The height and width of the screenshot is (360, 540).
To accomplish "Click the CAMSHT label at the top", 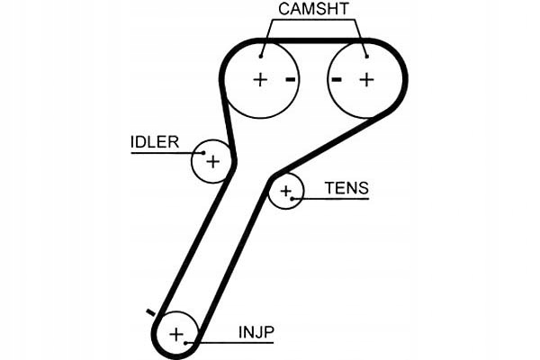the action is [313, 9].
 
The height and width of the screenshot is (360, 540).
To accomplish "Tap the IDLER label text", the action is [155, 142].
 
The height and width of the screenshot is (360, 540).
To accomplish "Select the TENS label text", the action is [346, 188].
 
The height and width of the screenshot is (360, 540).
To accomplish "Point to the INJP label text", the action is [256, 332].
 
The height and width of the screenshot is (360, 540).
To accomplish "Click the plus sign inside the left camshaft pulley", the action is [260, 80].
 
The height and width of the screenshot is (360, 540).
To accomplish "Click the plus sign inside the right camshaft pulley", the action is [367, 80].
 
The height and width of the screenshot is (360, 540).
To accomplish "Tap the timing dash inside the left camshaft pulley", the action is [291, 80].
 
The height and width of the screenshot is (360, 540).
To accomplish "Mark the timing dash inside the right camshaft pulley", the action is [337, 80].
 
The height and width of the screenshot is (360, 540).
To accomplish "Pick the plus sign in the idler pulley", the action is [212, 161].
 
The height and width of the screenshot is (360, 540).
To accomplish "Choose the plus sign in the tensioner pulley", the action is [286, 191].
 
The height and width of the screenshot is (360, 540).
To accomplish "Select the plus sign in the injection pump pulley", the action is [176, 334].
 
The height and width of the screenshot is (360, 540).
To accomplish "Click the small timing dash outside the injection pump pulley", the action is [150, 312].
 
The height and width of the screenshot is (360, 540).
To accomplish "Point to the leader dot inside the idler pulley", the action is [203, 153].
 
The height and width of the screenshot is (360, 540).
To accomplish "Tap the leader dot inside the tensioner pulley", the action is [292, 199].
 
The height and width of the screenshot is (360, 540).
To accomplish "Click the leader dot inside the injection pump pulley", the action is [185, 343].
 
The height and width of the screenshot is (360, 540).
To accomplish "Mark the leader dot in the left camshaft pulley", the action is [261, 57].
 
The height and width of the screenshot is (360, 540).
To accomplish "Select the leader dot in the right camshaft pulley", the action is [367, 57].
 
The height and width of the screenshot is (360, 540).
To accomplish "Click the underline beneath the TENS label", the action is [330, 199].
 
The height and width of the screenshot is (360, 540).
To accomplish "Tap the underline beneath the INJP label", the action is [229, 343].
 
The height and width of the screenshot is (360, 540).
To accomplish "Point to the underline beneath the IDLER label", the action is [167, 153].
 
